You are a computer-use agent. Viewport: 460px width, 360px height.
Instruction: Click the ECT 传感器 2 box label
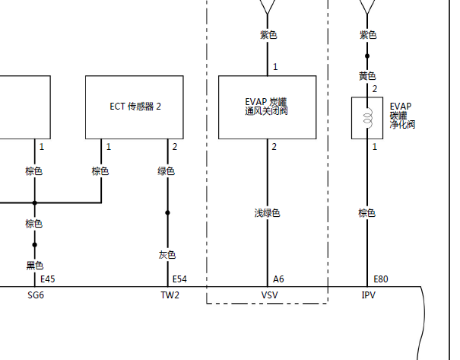[x=135, y=107]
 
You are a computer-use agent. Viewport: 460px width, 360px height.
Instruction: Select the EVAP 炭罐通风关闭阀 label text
[x=266, y=107]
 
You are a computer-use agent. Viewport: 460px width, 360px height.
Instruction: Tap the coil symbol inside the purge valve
[x=368, y=118]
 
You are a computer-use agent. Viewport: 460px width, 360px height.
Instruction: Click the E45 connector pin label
[x=48, y=279]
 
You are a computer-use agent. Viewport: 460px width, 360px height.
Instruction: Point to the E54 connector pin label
[x=179, y=279]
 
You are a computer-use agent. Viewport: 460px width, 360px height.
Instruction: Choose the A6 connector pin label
[x=278, y=279]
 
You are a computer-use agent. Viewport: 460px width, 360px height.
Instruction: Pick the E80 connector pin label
[x=381, y=279]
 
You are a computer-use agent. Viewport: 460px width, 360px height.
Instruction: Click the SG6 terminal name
[x=36, y=295]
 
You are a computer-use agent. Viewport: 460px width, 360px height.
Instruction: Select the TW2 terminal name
[x=170, y=295]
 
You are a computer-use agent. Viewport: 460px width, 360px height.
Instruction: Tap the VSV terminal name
[x=269, y=295]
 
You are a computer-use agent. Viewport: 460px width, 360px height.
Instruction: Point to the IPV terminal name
[x=369, y=295]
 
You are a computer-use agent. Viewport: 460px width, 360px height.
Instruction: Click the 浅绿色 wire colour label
[x=268, y=213]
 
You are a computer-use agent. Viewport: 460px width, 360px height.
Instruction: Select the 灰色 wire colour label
[x=167, y=255]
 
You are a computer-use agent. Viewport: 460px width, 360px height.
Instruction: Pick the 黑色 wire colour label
[x=35, y=266]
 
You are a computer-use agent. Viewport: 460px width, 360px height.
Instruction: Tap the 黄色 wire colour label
[x=367, y=76]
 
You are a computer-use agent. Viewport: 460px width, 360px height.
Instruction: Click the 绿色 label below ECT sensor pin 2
[x=166, y=171]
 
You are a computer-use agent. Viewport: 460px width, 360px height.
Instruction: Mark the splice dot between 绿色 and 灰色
[x=167, y=212]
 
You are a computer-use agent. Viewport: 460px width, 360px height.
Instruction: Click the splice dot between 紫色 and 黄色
[x=367, y=56]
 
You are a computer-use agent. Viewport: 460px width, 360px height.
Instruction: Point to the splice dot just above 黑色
[x=35, y=244]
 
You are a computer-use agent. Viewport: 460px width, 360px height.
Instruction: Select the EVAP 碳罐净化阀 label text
[x=402, y=116]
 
